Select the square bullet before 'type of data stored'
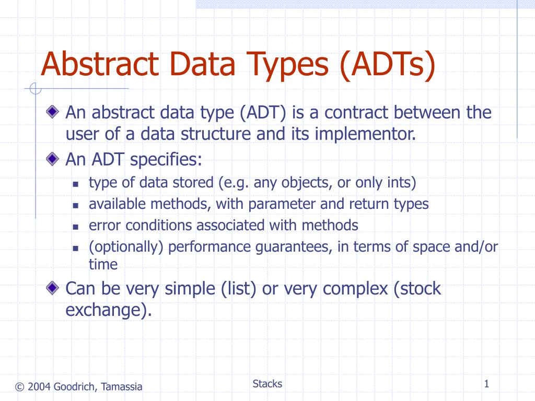click(x=75, y=184)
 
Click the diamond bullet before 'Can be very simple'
click(x=52, y=287)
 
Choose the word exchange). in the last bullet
click(x=109, y=310)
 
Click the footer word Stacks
click(x=267, y=384)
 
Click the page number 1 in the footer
click(x=486, y=385)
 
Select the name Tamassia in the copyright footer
click(x=121, y=387)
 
